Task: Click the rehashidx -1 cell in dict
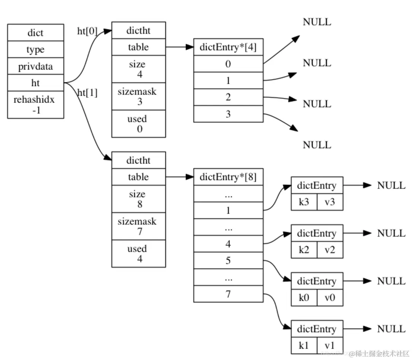(x=35, y=105)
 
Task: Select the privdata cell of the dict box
(x=35, y=67)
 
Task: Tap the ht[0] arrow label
(x=87, y=32)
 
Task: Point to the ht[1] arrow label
(x=87, y=92)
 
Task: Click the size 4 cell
(x=138, y=69)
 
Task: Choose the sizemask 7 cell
(x=138, y=226)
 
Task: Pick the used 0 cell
(x=138, y=124)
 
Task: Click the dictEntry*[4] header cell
(x=228, y=47)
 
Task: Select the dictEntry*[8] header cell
(x=228, y=177)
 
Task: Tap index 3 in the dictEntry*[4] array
(x=228, y=114)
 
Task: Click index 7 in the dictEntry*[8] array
(x=228, y=294)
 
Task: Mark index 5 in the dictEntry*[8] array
(x=228, y=261)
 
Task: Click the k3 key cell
(x=304, y=202)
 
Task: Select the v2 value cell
(x=330, y=250)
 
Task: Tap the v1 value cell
(x=330, y=346)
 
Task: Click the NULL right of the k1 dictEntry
(x=391, y=329)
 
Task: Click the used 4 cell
(x=138, y=253)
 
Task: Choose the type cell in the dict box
(x=35, y=50)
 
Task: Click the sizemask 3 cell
(x=138, y=96)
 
